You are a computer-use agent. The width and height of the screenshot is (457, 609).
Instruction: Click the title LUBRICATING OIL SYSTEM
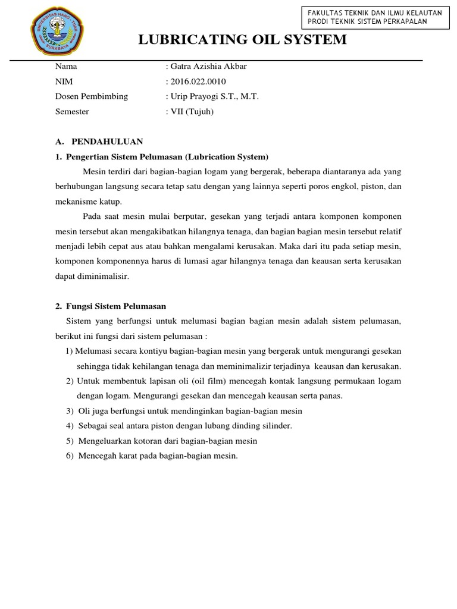(x=242, y=40)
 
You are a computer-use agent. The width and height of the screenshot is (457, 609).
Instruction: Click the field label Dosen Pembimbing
(x=91, y=96)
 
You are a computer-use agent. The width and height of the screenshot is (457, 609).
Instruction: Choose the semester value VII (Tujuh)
(x=189, y=111)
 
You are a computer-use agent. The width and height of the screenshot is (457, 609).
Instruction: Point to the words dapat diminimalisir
(x=92, y=277)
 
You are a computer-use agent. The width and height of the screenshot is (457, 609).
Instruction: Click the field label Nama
(x=66, y=66)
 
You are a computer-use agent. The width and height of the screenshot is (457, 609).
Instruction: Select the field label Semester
(x=72, y=111)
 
